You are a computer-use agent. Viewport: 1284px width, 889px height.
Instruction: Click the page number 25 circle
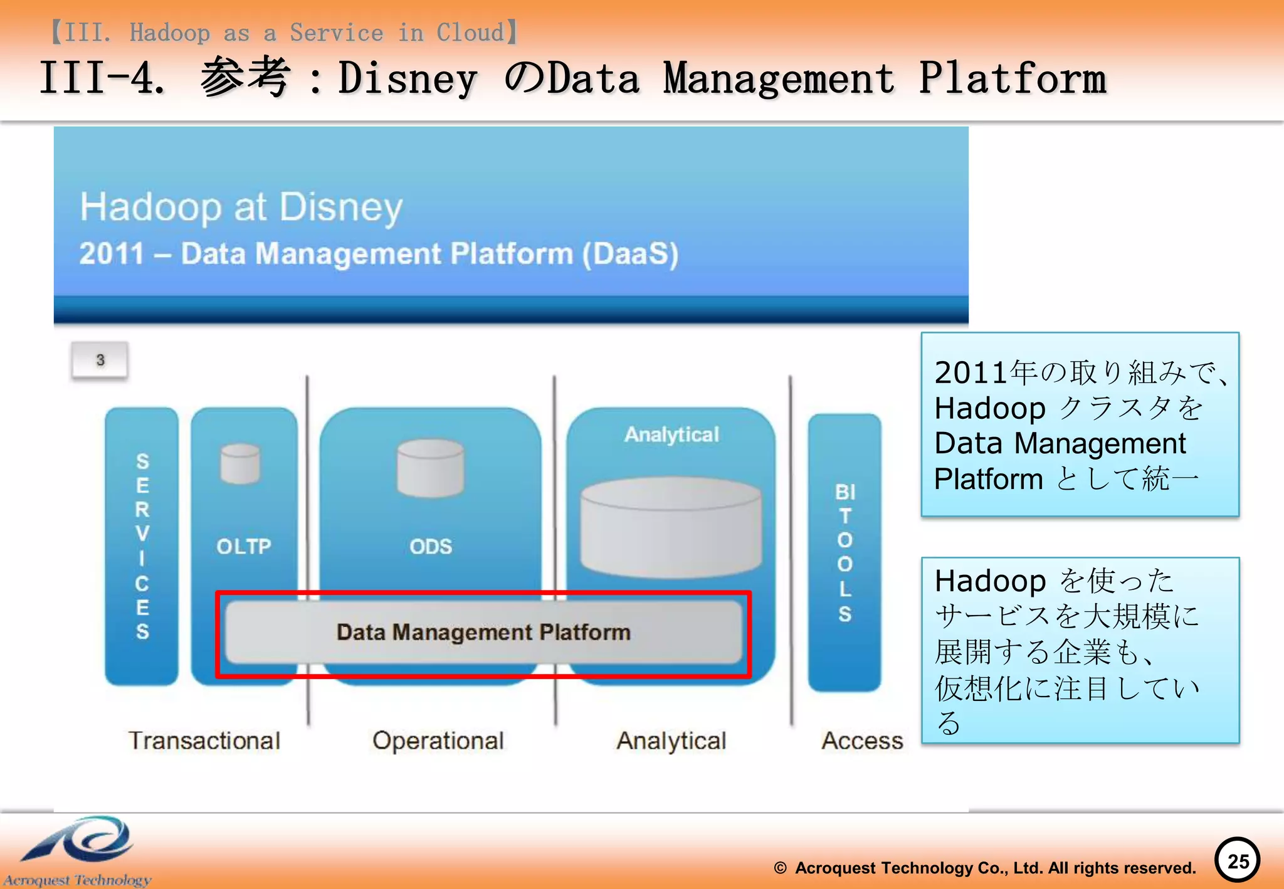(1237, 861)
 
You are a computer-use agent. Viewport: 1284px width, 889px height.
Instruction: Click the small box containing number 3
(100, 360)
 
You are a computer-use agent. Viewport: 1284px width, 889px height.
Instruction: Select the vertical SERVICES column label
(142, 545)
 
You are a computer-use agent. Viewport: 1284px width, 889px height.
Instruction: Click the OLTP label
(244, 547)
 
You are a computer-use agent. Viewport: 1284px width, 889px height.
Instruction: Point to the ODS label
(431, 547)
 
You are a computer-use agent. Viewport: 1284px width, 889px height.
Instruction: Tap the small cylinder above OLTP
(240, 464)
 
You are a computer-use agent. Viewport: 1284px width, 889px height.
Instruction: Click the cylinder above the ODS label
(431, 467)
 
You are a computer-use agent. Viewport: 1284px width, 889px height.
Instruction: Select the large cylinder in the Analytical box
(671, 527)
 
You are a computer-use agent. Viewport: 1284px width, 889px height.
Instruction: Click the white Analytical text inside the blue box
(671, 434)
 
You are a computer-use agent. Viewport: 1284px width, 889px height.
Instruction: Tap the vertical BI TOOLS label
(845, 552)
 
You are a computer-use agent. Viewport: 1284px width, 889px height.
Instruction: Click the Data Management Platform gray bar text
(483, 632)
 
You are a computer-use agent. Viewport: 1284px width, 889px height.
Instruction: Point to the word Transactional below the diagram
(204, 740)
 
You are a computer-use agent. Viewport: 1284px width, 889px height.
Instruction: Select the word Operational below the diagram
(438, 740)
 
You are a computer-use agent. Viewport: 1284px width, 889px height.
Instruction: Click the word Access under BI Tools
(862, 740)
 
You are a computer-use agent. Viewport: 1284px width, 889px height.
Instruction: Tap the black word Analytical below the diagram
(671, 740)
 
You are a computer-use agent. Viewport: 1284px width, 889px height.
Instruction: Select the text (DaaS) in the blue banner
(630, 254)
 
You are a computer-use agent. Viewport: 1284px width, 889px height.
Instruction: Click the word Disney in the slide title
(408, 80)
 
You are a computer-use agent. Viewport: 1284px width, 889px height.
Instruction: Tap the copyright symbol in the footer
(780, 868)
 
